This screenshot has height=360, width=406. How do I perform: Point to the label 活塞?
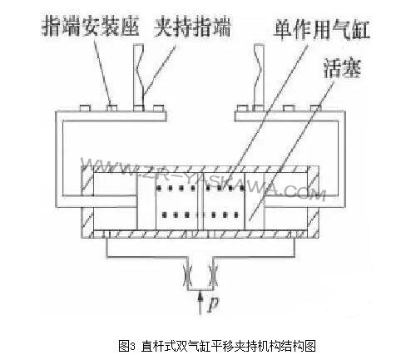coord(343,68)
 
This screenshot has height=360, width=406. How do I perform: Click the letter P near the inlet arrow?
coord(213,305)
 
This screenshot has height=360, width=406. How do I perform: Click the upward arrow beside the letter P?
coord(201,303)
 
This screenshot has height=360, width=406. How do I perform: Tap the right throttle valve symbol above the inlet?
coord(213,275)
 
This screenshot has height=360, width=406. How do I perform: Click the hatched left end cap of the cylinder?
coord(87,202)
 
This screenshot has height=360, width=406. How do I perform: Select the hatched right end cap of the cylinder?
coord(312,202)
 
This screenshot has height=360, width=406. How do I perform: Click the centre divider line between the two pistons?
coord(201,201)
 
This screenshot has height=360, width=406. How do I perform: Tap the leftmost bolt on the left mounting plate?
coord(85,108)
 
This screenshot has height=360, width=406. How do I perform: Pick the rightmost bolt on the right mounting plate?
coord(315,108)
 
